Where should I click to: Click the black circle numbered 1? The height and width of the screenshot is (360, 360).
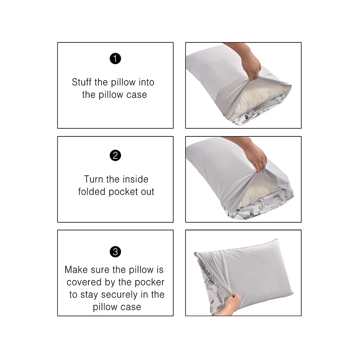click(115, 59)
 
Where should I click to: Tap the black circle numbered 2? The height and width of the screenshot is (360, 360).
click(115, 156)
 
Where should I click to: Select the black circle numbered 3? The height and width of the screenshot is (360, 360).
click(115, 252)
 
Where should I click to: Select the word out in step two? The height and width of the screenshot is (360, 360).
click(147, 192)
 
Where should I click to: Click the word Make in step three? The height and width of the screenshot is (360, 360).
click(77, 270)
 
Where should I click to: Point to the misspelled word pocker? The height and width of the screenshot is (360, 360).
click(149, 282)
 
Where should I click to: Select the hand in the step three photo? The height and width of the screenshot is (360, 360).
click(231, 304)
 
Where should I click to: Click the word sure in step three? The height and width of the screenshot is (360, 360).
click(103, 270)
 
